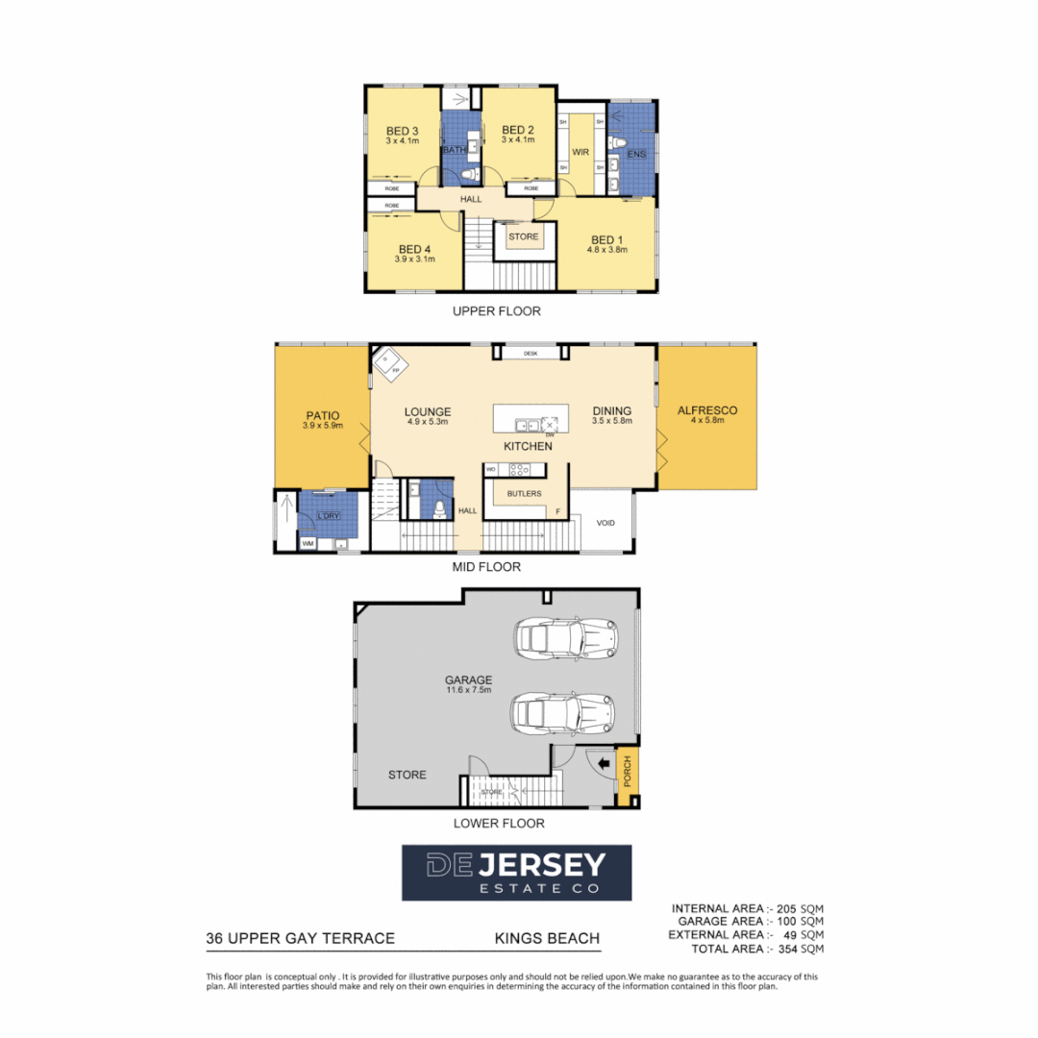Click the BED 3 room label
[402, 131]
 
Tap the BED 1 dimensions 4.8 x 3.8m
[606, 250]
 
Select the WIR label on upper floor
[580, 153]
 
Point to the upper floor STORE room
[524, 236]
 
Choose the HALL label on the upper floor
[472, 199]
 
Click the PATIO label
[321, 415]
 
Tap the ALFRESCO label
[706, 410]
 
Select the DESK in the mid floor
[530, 354]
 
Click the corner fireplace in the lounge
[389, 362]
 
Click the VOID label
[605, 523]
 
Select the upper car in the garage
[564, 637]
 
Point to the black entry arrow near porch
[602, 765]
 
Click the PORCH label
[628, 772]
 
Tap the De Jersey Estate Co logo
[516, 872]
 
